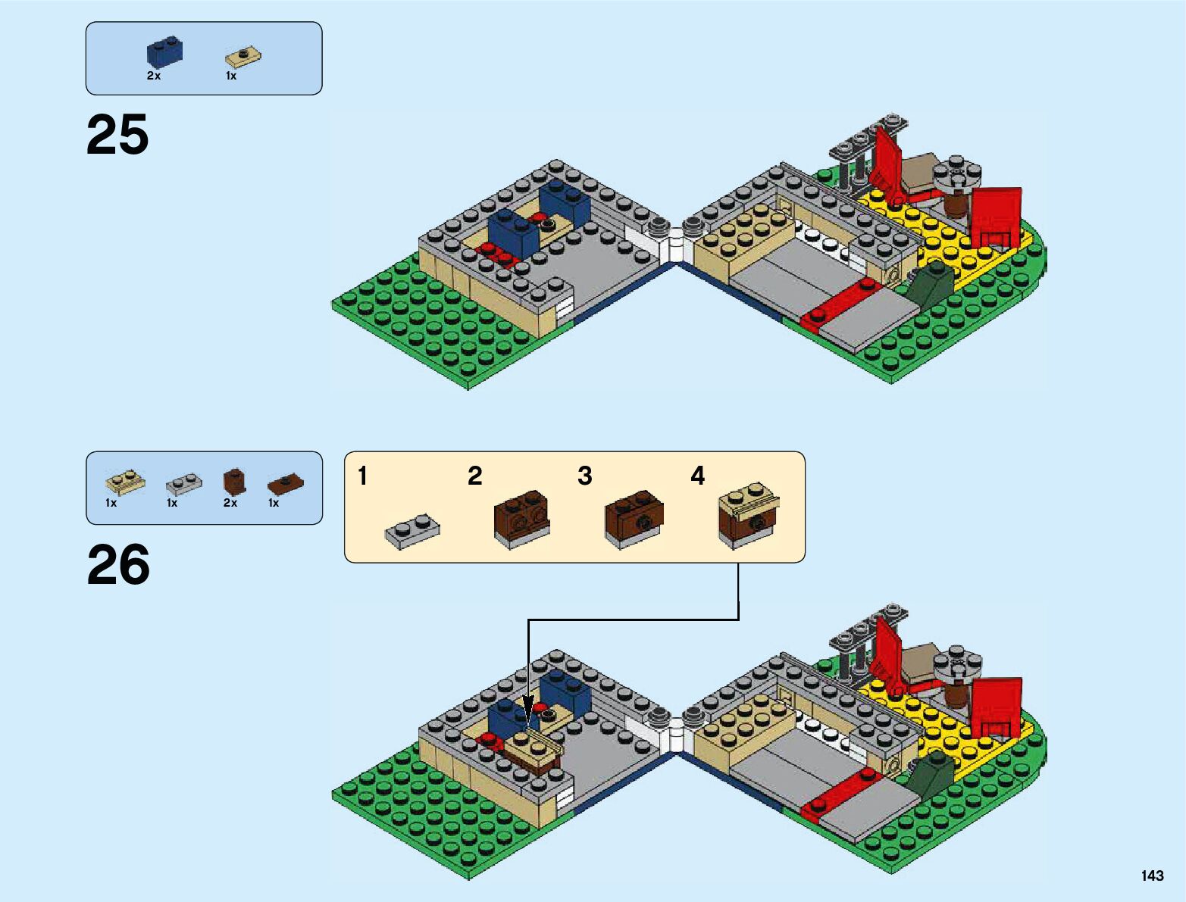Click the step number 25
point(117,136)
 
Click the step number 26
point(118,565)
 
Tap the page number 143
point(1151,875)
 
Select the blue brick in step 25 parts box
point(164,52)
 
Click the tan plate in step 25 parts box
point(243,57)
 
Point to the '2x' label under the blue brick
point(154,76)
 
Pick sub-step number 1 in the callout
point(363,476)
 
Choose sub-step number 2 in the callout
point(474,476)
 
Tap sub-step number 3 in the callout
point(584,476)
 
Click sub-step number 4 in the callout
point(697,476)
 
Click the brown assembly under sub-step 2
point(521,519)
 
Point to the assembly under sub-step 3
point(634,520)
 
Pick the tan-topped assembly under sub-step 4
point(749,515)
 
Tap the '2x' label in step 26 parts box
point(230,503)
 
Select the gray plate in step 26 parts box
point(184,482)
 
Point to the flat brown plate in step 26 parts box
point(286,483)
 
